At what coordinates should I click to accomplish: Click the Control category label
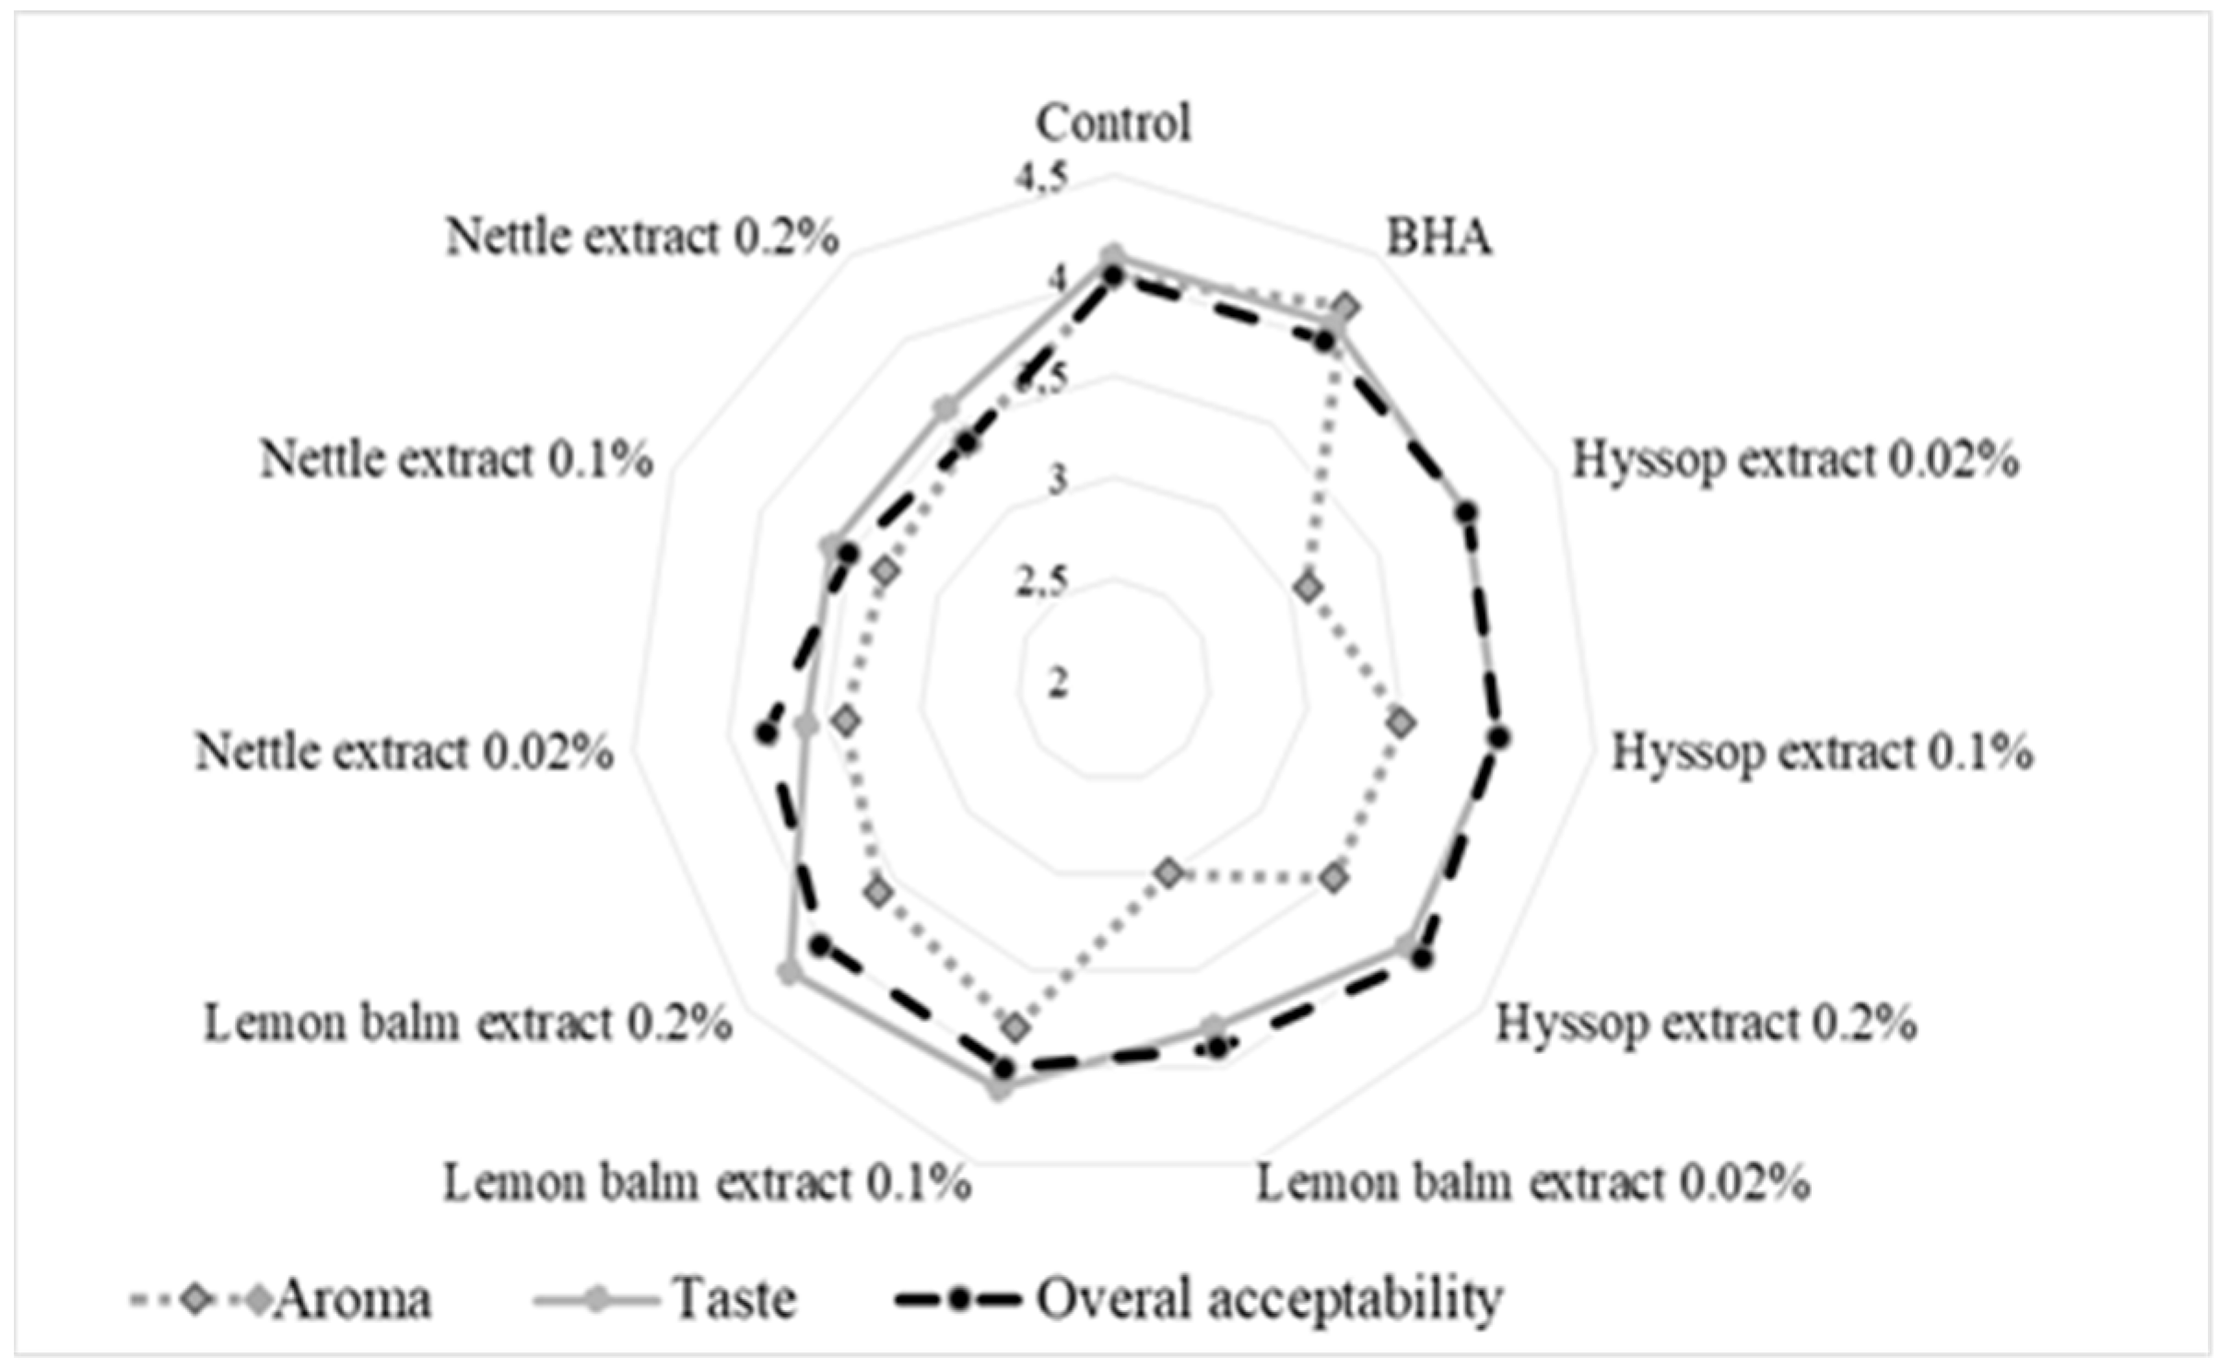(x=1113, y=123)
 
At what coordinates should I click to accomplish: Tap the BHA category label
(x=1438, y=238)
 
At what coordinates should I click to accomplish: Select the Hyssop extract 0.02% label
(x=1795, y=460)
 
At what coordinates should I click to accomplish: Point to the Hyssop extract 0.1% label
(x=1822, y=753)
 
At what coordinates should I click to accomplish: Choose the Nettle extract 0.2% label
(x=642, y=238)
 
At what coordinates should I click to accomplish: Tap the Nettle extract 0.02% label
(x=404, y=753)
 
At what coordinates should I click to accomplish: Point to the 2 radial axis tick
(x=1057, y=683)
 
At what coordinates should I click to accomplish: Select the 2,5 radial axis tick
(x=1042, y=583)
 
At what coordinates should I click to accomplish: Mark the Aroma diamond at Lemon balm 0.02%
(x=1169, y=872)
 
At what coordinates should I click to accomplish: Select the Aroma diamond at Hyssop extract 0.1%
(x=1402, y=724)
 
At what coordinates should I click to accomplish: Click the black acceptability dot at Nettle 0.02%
(x=763, y=733)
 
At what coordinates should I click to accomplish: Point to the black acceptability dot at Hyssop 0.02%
(x=1467, y=512)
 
